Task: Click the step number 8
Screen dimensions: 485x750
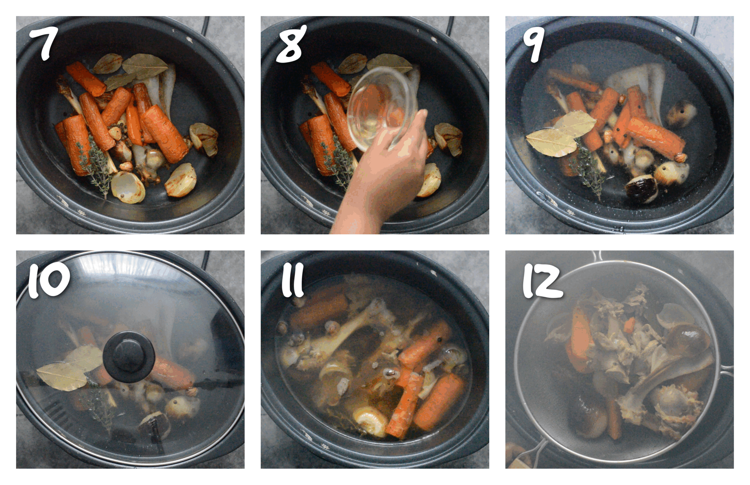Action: tap(290, 44)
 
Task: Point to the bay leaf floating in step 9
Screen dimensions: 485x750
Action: tap(559, 135)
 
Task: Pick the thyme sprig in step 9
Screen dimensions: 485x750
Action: tap(587, 173)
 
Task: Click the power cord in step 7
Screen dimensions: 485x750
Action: tap(206, 25)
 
